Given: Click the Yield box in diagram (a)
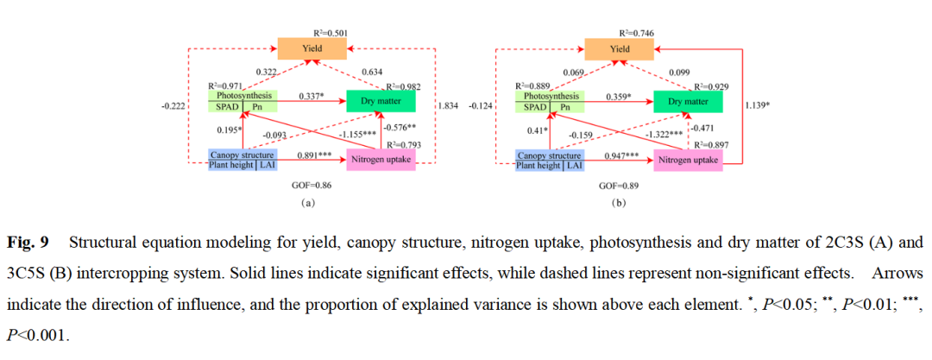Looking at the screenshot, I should (x=312, y=49).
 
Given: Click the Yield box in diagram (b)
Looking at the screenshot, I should (x=619, y=49).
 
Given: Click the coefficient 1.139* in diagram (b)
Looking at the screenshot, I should (x=757, y=106).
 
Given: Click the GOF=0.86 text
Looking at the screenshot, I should (x=307, y=186).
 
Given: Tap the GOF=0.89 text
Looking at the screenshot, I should (x=615, y=186).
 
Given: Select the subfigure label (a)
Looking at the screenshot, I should (x=307, y=204).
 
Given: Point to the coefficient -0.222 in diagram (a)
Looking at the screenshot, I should (x=175, y=106).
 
